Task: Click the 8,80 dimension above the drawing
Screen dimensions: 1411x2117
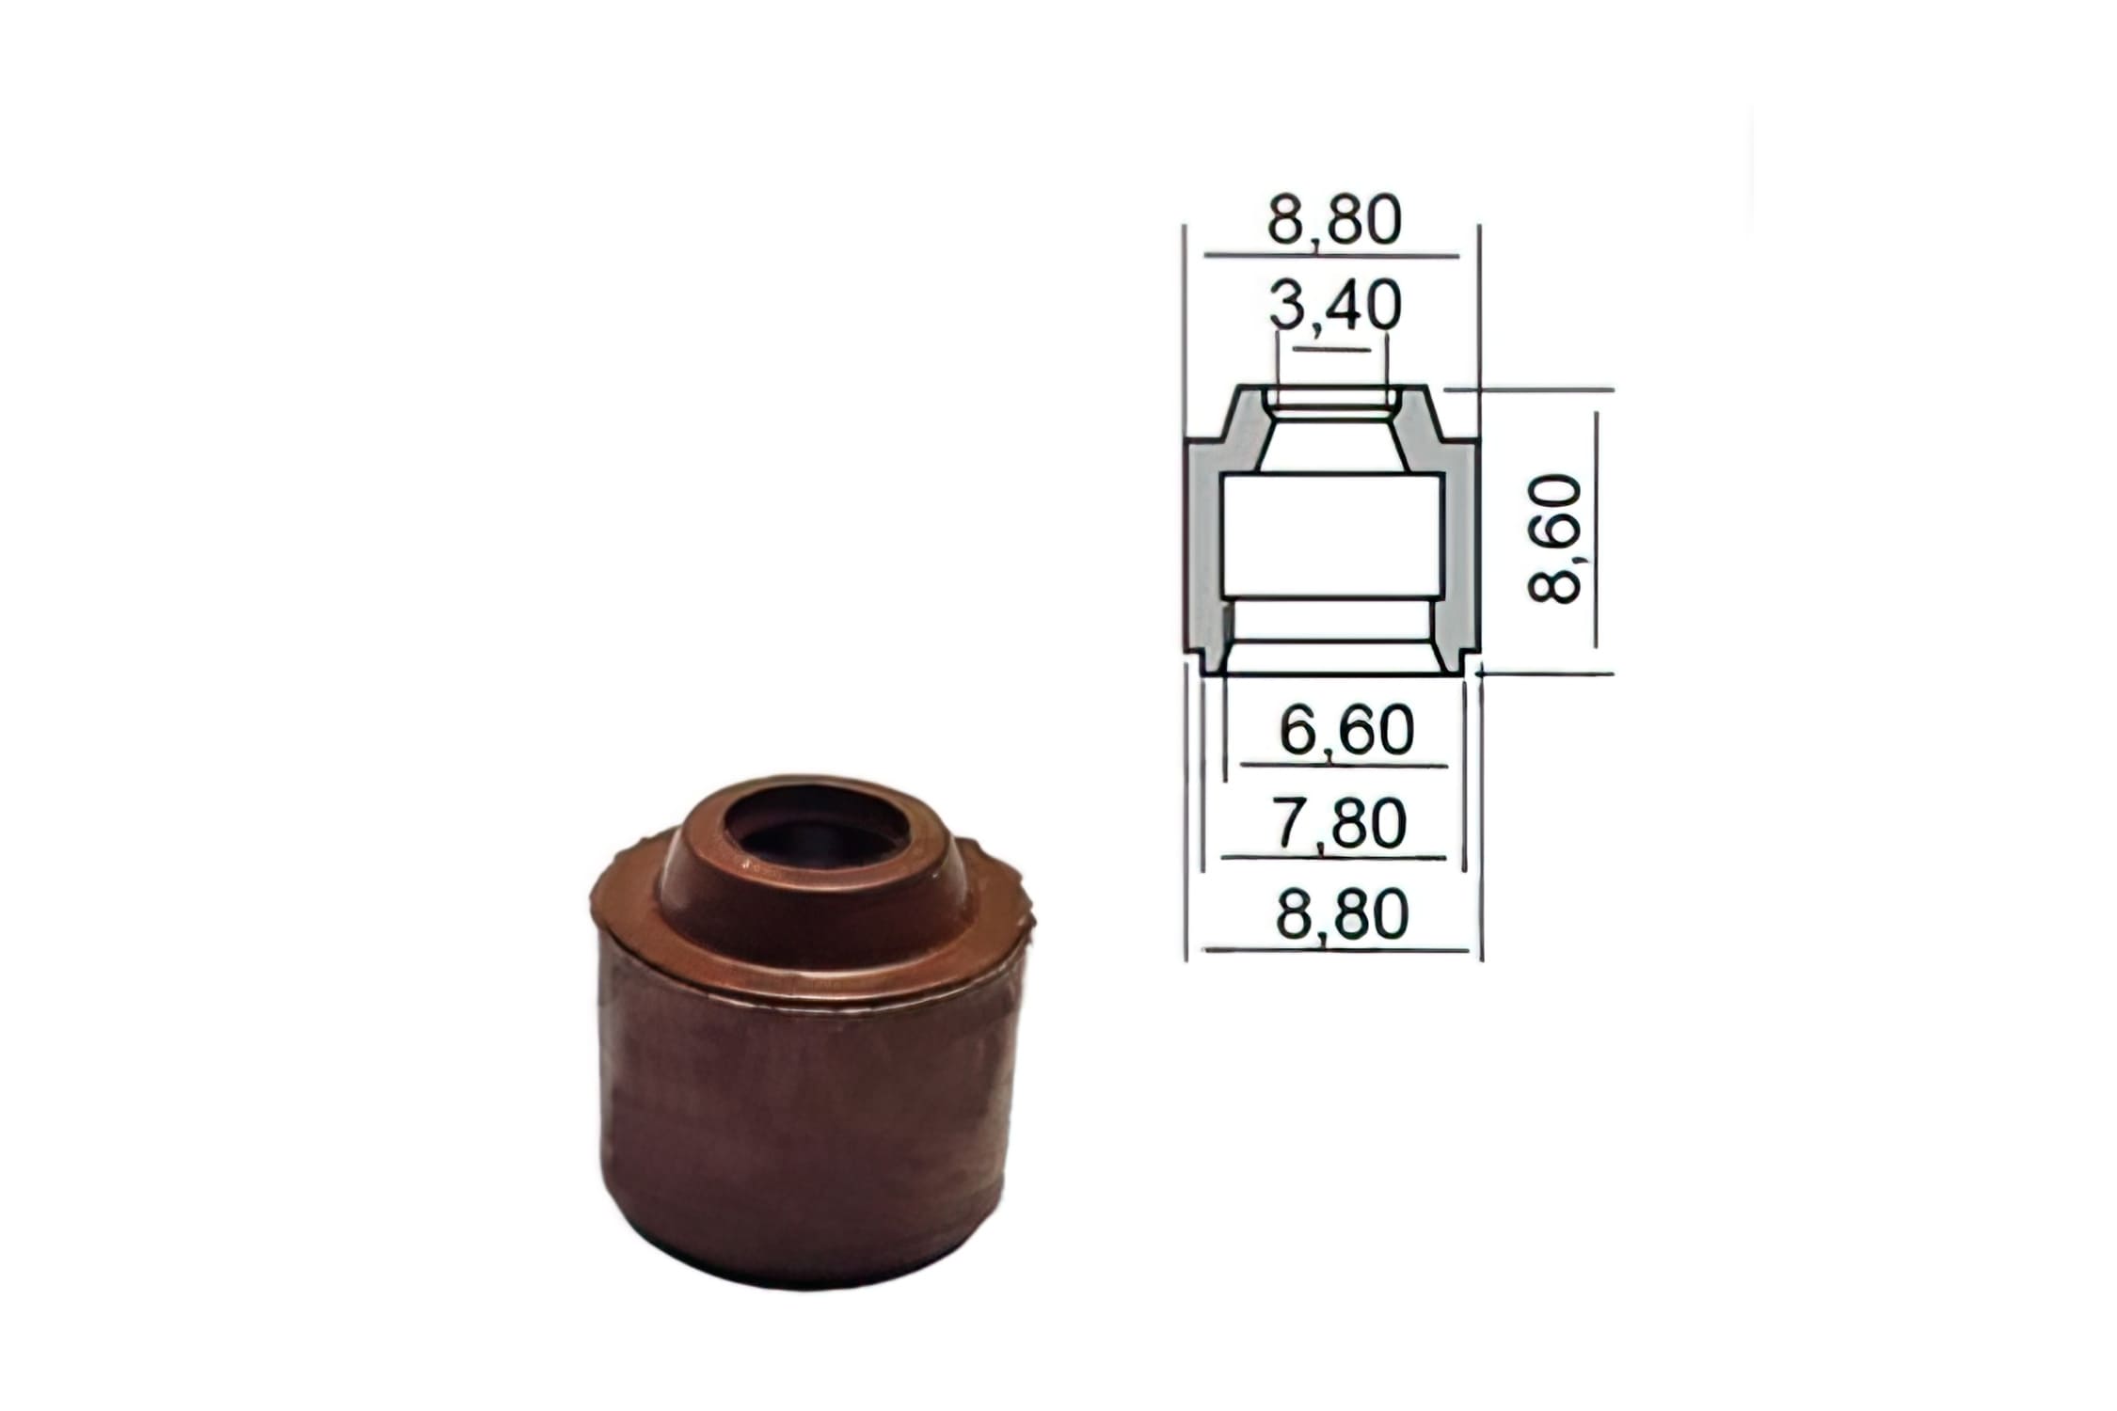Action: tap(1333, 221)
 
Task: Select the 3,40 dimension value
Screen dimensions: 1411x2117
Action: tap(1333, 307)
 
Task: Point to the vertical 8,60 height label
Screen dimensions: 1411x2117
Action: tap(1554, 538)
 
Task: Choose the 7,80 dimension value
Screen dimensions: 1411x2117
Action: tap(1341, 822)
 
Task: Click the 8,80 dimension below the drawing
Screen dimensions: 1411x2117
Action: tap(1342, 913)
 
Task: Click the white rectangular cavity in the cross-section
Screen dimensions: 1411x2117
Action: tap(1330, 536)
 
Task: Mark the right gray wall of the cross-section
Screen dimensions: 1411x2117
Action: tap(1459, 546)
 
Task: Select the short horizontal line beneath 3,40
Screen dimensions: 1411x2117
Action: tap(1332, 350)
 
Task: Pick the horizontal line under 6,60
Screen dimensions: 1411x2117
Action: tap(1344, 766)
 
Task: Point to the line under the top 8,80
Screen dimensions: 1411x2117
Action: tap(1330, 255)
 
